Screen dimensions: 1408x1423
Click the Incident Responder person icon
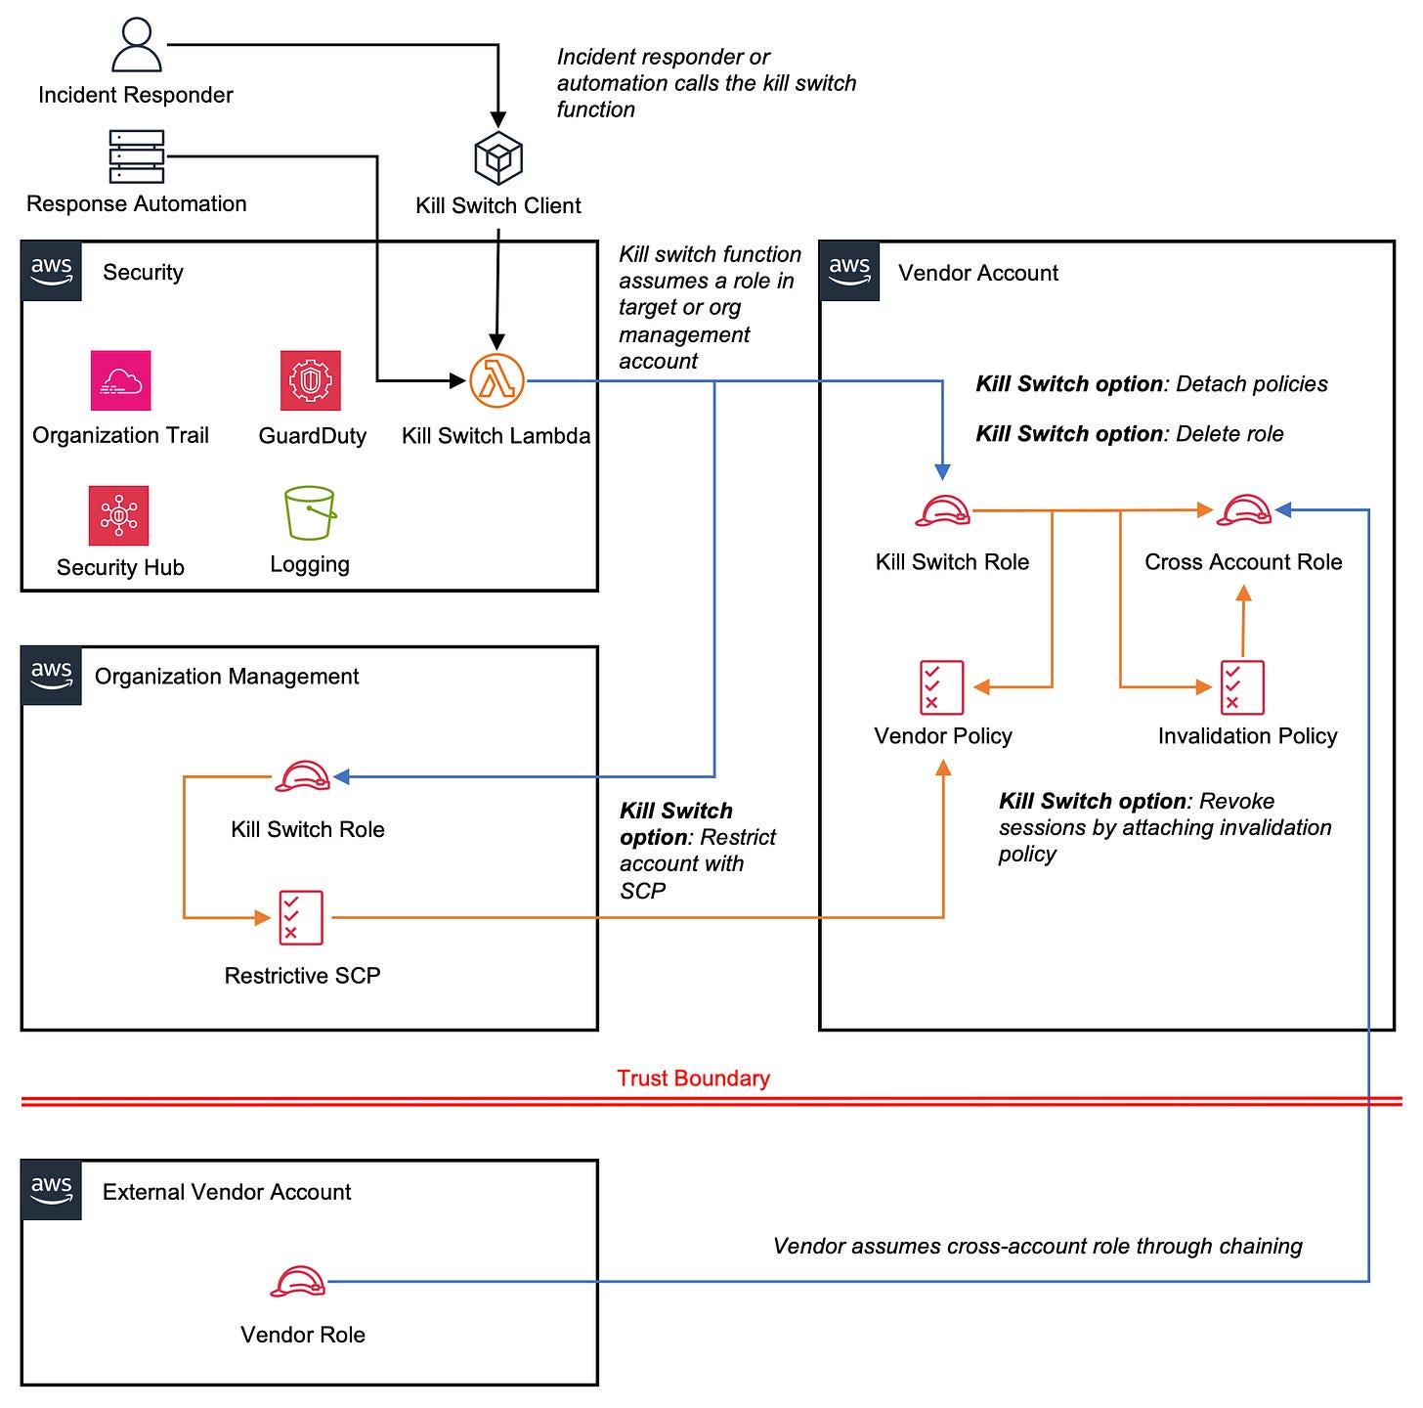pyautogui.click(x=137, y=45)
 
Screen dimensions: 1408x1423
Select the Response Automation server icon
pyautogui.click(x=137, y=156)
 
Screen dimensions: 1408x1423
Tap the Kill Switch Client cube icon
pyautogui.click(x=498, y=158)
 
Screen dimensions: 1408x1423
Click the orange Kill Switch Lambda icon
pyautogui.click(x=496, y=380)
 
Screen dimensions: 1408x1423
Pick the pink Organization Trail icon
pyautogui.click(x=120, y=380)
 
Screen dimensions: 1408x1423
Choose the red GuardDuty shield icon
pyautogui.click(x=311, y=380)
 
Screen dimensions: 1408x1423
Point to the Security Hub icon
pyautogui.click(x=119, y=515)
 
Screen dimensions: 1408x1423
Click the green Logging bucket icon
pyautogui.click(x=310, y=513)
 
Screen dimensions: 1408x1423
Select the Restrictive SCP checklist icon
pyautogui.click(x=301, y=917)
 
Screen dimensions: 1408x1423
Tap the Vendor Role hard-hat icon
pyautogui.click(x=298, y=1281)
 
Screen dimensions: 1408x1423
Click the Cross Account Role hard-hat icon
pyautogui.click(x=1243, y=510)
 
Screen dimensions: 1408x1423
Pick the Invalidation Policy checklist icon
pyautogui.click(x=1242, y=687)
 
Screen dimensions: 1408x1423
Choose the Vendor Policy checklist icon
pyautogui.click(x=942, y=687)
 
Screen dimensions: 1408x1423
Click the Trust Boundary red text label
pyautogui.click(x=693, y=1078)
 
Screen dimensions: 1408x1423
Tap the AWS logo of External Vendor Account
pyautogui.click(x=52, y=1189)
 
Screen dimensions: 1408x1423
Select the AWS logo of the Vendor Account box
pyautogui.click(x=849, y=270)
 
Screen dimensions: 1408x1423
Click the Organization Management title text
pyautogui.click(x=227, y=677)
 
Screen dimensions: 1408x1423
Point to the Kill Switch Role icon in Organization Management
pyautogui.click(x=303, y=777)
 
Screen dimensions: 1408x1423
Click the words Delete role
pyautogui.click(x=1229, y=434)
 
